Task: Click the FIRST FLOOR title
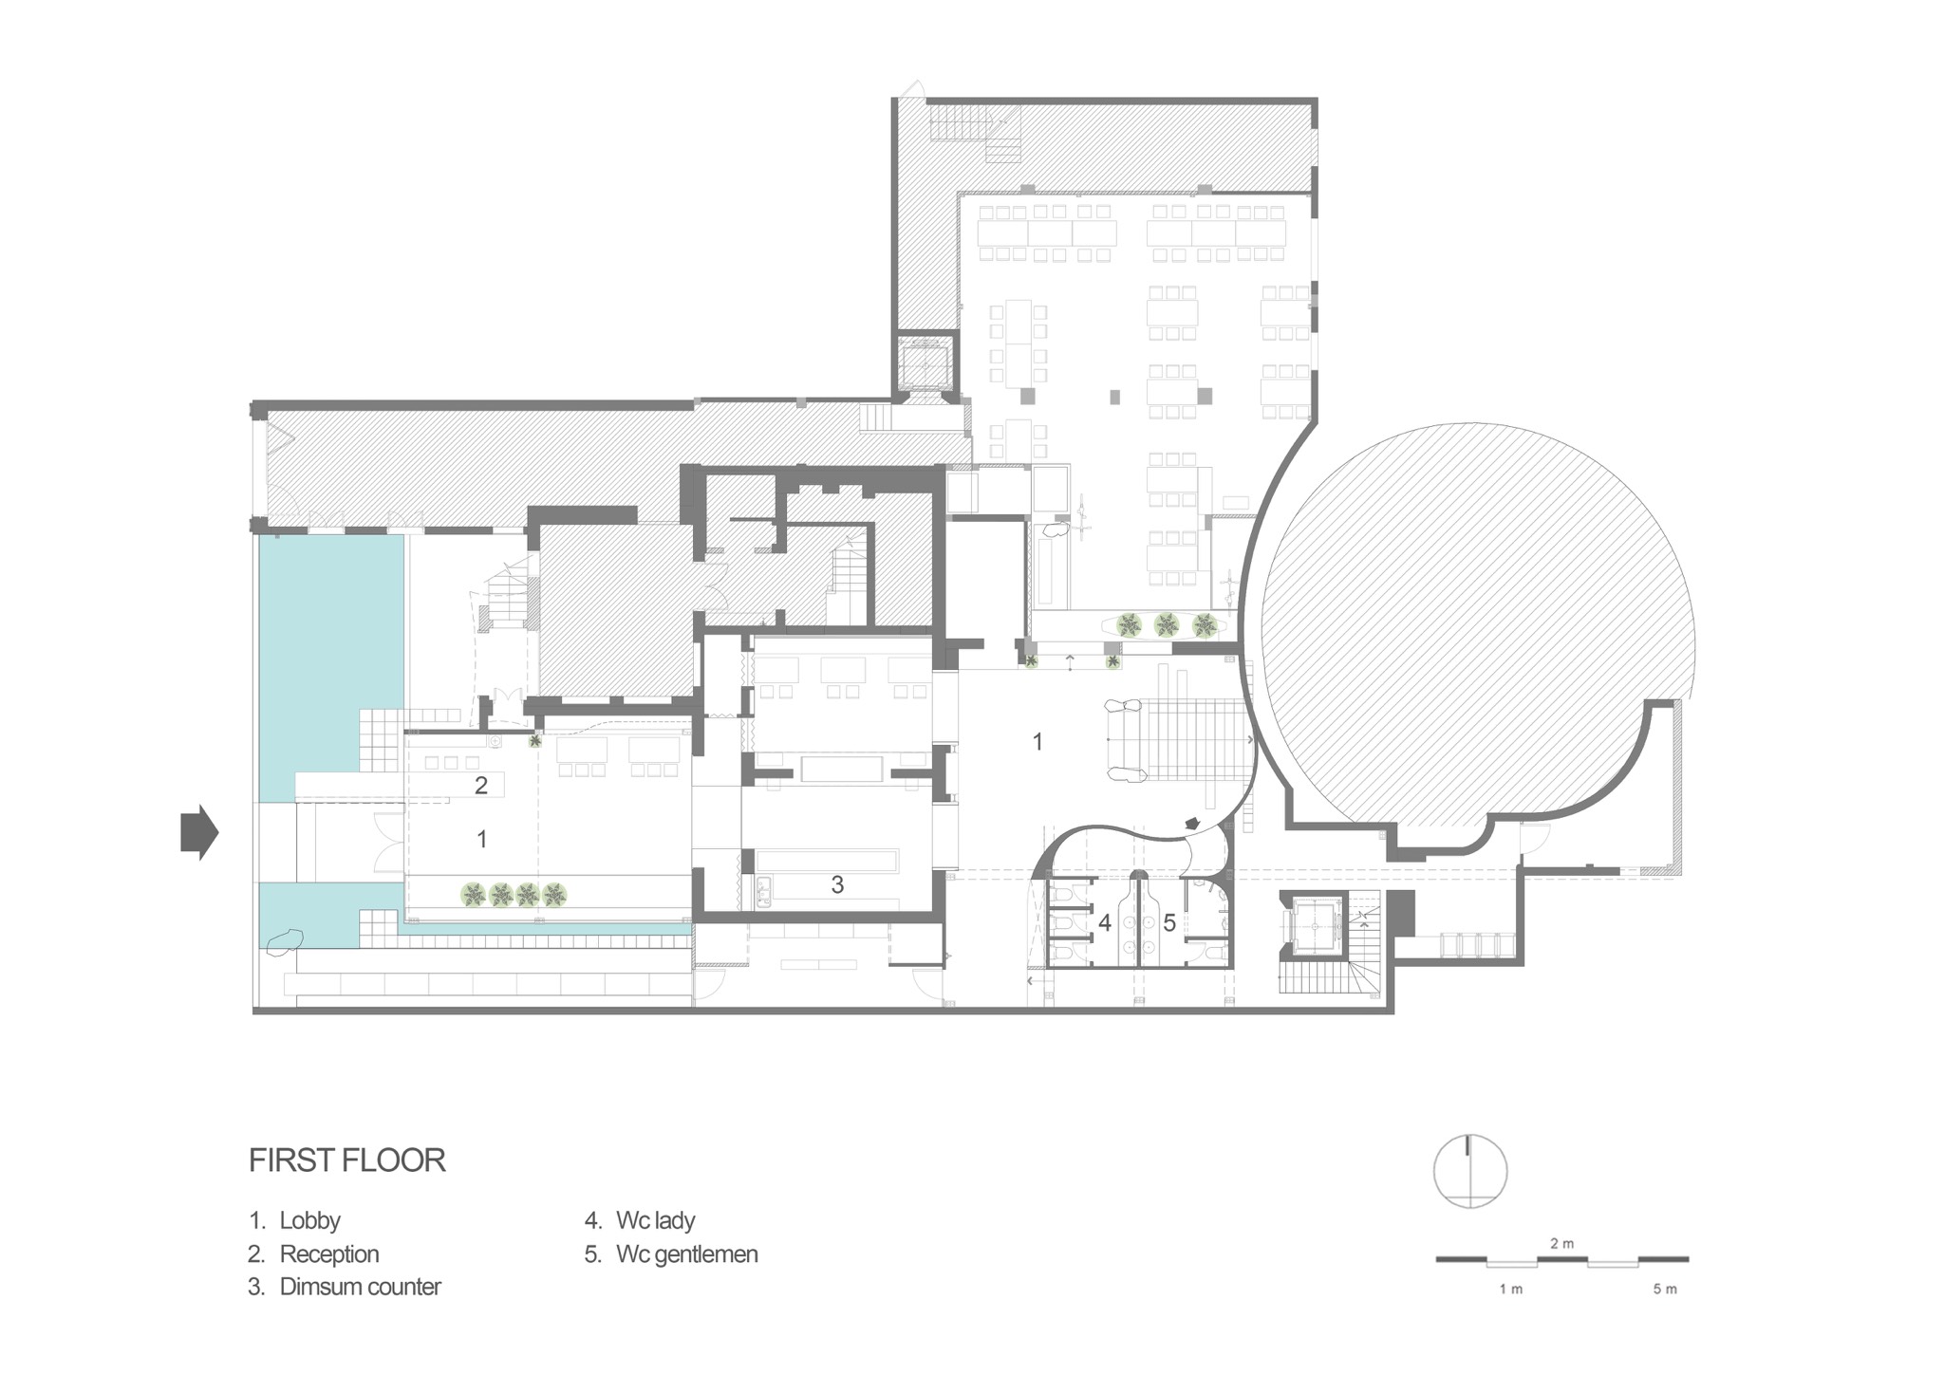click(346, 1160)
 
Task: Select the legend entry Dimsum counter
click(345, 1288)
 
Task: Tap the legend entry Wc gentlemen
click(671, 1254)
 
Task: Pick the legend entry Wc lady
click(640, 1220)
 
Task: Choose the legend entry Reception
click(313, 1254)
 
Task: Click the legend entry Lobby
click(294, 1220)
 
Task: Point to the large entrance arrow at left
click(199, 833)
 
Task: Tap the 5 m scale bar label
click(1664, 1289)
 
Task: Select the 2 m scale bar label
click(1561, 1243)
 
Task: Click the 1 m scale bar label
click(1510, 1289)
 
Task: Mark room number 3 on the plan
click(837, 884)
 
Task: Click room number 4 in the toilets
click(1104, 921)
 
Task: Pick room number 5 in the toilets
click(1169, 921)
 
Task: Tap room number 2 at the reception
click(481, 785)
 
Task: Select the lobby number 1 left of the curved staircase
click(1037, 741)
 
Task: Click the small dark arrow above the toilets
click(1192, 823)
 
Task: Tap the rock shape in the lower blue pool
click(284, 942)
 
